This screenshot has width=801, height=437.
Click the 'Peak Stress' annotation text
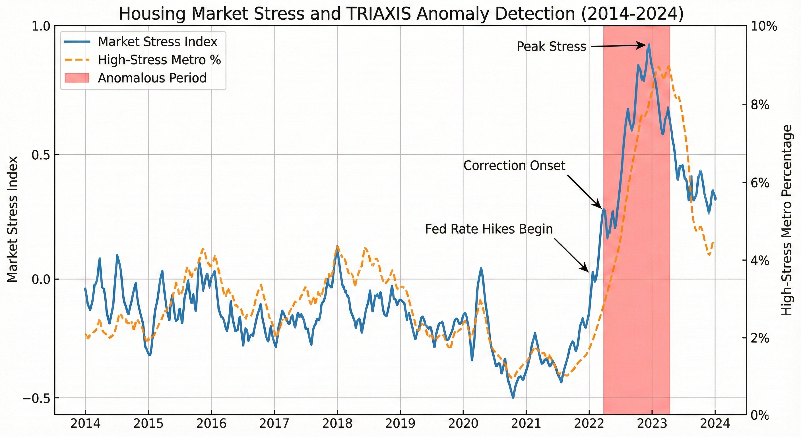551,47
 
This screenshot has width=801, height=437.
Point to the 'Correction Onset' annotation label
514,166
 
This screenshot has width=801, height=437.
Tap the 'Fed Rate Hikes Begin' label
489,229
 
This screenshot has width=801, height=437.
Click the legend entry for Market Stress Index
157,42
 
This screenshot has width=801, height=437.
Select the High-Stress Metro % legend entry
159,60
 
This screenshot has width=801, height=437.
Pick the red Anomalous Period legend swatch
77,78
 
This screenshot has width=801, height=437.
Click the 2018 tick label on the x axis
337,423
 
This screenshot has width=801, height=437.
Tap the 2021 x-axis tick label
526,423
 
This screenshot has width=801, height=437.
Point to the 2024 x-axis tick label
715,423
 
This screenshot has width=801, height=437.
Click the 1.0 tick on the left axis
41,26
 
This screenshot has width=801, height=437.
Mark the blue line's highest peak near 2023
649,44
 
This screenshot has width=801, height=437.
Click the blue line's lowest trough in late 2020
513,397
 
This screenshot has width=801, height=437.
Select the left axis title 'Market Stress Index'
13,219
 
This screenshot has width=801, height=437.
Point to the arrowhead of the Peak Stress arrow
646,45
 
